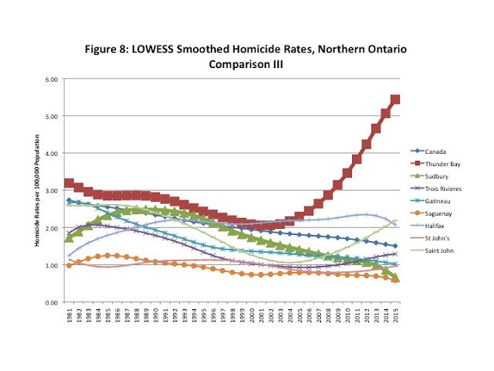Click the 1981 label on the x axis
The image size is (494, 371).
coord(69,316)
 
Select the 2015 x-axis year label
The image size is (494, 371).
coord(395,316)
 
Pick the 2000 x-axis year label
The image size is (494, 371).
coord(252,316)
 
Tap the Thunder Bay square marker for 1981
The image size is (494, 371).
coord(69,183)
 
